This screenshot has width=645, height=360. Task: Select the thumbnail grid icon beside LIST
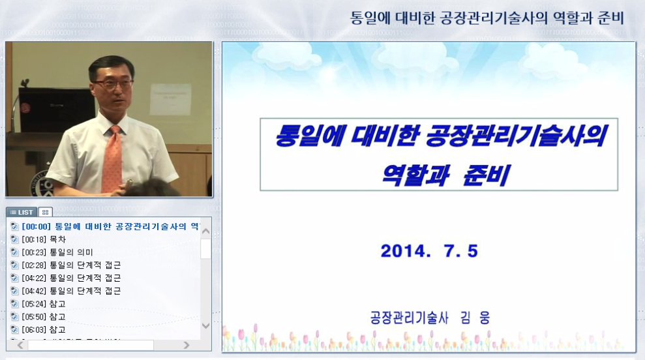45,212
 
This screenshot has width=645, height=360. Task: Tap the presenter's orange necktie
113,160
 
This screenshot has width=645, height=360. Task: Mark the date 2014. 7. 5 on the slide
429,251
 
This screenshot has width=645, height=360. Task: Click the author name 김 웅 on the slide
473,318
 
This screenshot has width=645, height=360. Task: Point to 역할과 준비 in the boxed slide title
445,174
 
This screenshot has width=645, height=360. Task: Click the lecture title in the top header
487,18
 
